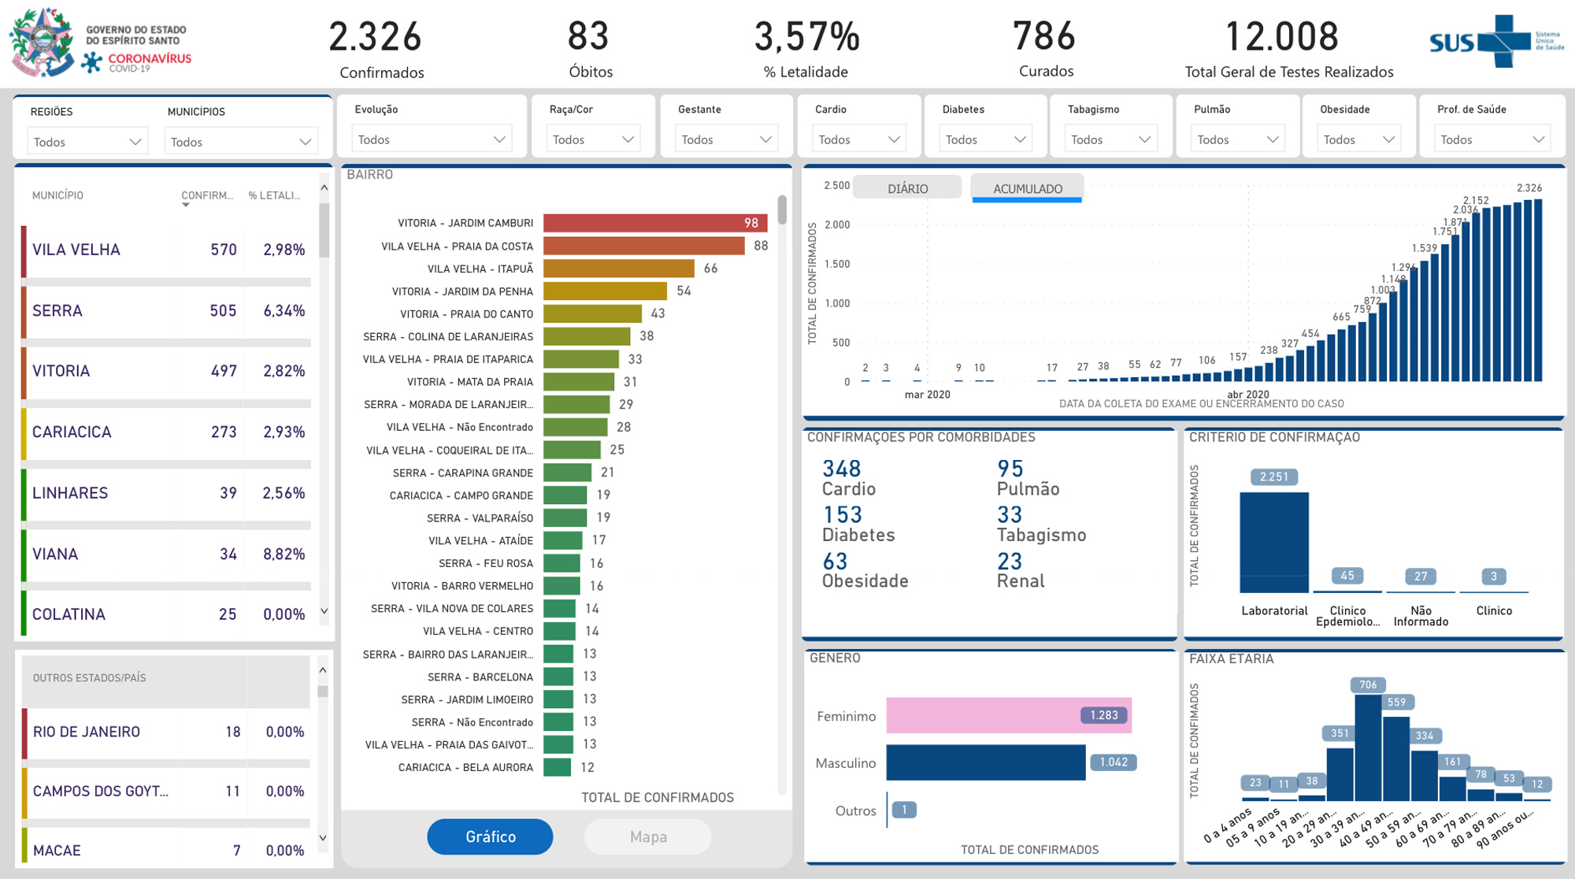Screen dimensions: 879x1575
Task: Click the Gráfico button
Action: click(490, 836)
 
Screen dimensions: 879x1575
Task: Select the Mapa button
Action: click(648, 836)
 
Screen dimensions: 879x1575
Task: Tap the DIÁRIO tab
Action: click(907, 188)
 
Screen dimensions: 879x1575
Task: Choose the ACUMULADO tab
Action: click(1027, 188)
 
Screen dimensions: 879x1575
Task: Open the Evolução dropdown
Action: click(431, 139)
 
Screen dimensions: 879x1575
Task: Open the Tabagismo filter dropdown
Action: click(1110, 139)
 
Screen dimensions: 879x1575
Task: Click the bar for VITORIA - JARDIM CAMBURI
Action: click(654, 223)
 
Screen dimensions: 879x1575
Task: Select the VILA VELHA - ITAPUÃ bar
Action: click(618, 269)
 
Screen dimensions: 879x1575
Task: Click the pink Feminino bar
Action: click(1008, 715)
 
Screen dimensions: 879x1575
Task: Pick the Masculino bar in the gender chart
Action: click(985, 762)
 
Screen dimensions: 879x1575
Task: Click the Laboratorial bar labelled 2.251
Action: click(1273, 543)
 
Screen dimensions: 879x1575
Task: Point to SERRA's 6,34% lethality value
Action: click(283, 311)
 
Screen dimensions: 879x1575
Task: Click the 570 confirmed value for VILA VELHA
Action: click(224, 250)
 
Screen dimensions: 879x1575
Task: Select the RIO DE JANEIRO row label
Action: click(87, 732)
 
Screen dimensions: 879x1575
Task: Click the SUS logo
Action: click(1480, 42)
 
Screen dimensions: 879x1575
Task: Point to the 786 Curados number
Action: click(1044, 36)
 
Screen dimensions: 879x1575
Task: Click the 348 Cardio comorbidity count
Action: click(841, 469)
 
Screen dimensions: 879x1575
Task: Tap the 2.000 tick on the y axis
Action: click(836, 224)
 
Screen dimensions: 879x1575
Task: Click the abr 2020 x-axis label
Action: click(1247, 395)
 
